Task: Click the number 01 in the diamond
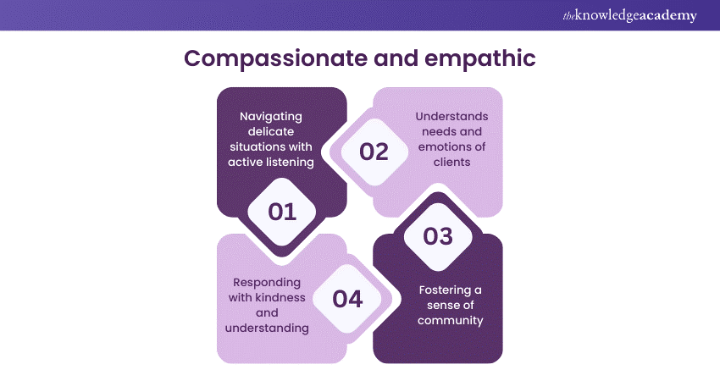282,212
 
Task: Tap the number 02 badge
374,152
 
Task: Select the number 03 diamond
438,236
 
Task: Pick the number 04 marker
347,298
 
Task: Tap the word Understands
451,116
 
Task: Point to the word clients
451,162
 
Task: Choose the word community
451,320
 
